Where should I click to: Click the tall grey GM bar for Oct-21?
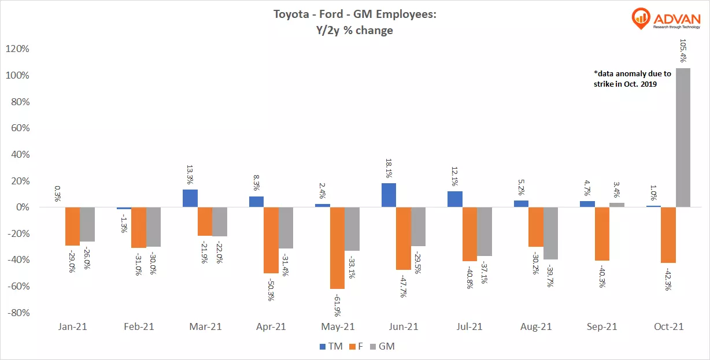click(x=683, y=138)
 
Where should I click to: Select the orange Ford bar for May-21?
click(x=337, y=248)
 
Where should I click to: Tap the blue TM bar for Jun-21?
click(x=389, y=195)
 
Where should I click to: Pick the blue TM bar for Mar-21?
click(x=190, y=198)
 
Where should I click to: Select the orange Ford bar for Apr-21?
click(x=271, y=240)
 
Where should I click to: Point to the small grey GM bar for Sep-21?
click(x=617, y=205)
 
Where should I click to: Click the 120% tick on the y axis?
click(x=17, y=49)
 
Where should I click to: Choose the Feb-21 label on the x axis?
click(x=139, y=326)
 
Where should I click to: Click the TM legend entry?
click(x=331, y=346)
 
